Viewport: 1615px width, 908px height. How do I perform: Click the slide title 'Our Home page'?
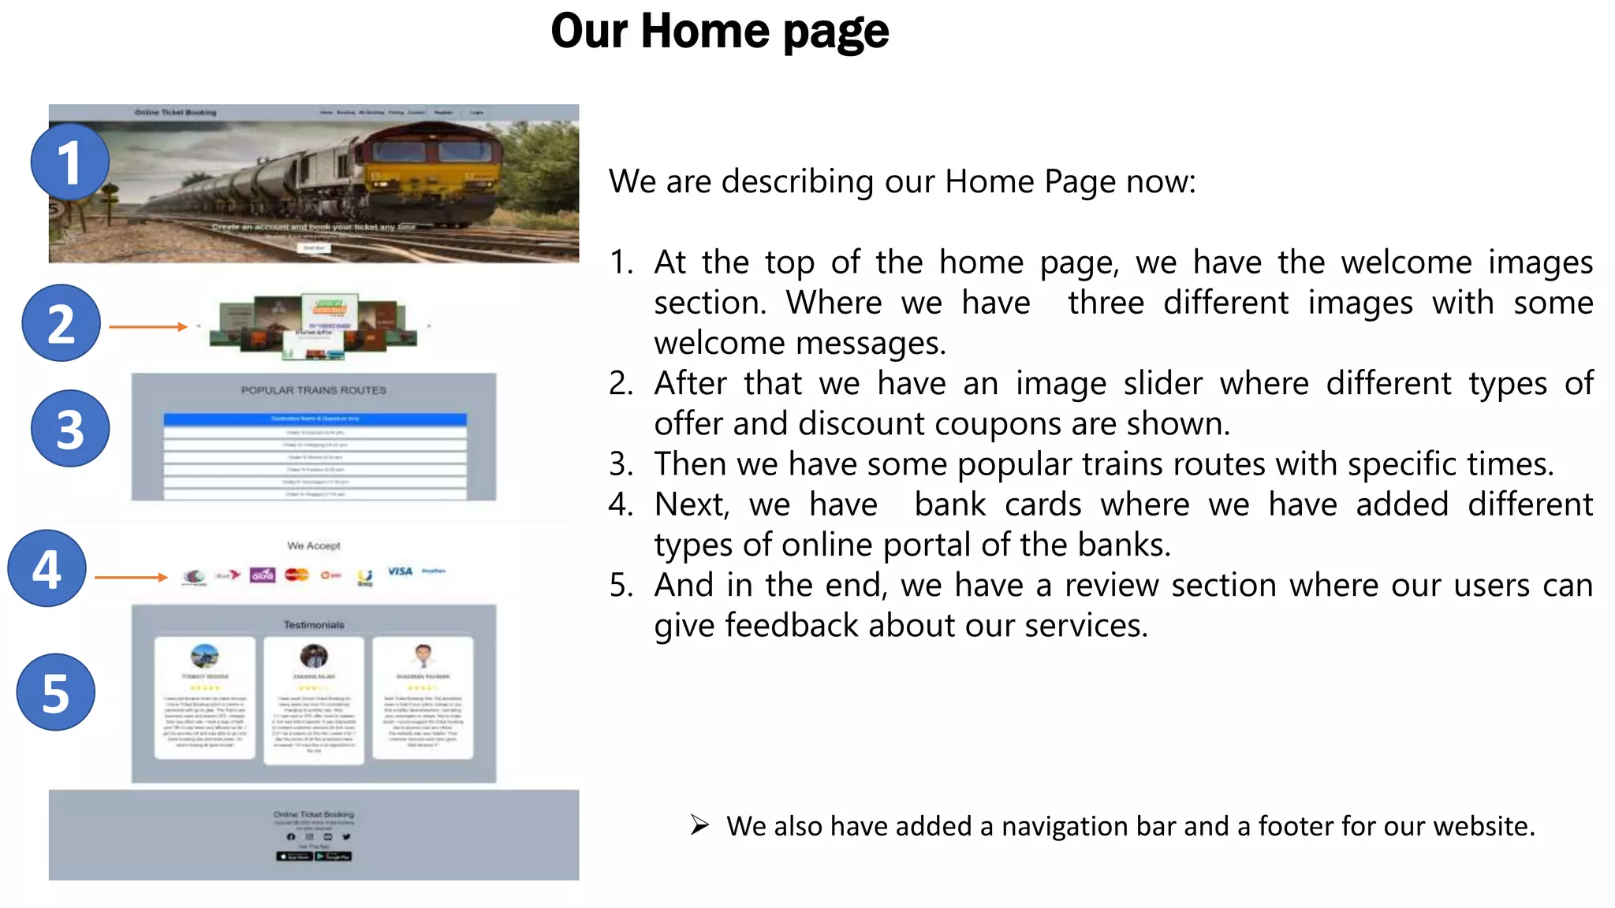click(x=719, y=32)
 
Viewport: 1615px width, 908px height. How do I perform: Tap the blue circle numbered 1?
click(x=69, y=162)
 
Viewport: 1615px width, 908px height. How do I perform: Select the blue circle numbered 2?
click(x=61, y=323)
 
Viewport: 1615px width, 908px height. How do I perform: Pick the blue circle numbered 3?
click(x=69, y=429)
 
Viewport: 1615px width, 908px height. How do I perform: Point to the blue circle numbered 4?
click(x=47, y=568)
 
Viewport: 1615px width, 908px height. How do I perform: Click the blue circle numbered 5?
click(x=55, y=693)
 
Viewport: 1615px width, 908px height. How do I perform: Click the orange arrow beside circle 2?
click(x=148, y=326)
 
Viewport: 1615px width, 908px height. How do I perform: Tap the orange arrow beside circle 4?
click(x=131, y=578)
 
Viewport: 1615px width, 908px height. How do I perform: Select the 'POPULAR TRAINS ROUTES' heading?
click(x=314, y=390)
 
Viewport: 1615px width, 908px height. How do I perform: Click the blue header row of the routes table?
click(x=315, y=419)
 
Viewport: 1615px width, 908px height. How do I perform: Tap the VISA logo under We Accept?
click(x=400, y=571)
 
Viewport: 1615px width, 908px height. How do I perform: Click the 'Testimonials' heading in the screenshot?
click(x=314, y=625)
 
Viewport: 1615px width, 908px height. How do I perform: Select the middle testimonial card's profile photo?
click(x=314, y=656)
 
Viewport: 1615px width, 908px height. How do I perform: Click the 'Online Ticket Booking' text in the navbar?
click(x=175, y=113)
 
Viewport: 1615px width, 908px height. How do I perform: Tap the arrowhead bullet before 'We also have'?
click(x=699, y=825)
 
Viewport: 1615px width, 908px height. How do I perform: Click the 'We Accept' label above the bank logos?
click(x=314, y=545)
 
